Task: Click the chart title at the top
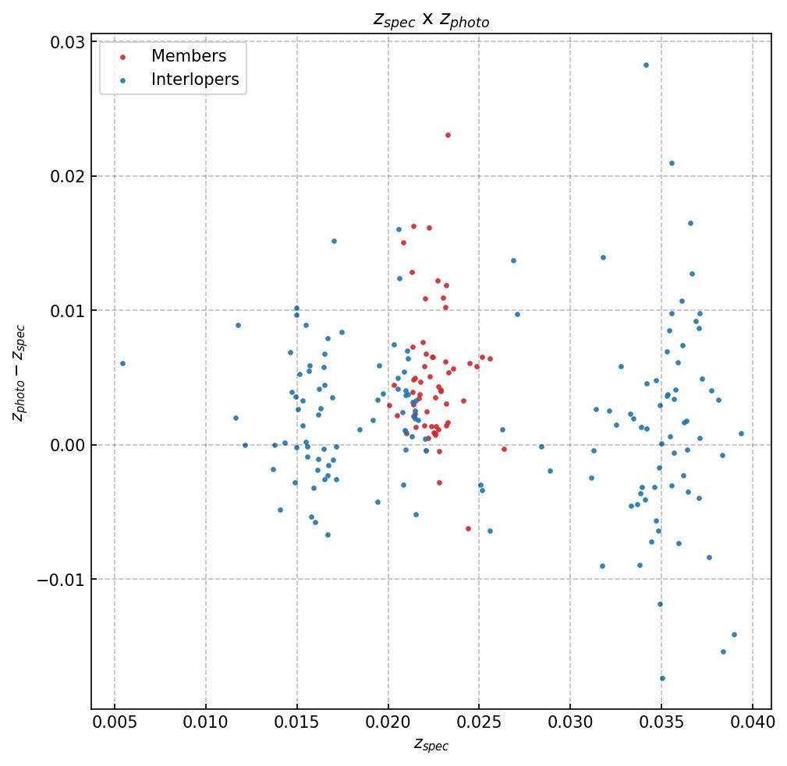pyautogui.click(x=431, y=20)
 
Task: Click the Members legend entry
pyautogui.click(x=188, y=56)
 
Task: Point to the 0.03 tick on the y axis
pyautogui.click(x=68, y=42)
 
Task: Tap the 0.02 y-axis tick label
pyautogui.click(x=68, y=176)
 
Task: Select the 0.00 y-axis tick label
pyautogui.click(x=68, y=445)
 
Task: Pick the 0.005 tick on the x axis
pyautogui.click(x=115, y=722)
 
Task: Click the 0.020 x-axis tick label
pyautogui.click(x=388, y=722)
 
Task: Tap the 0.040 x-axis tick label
pyautogui.click(x=753, y=722)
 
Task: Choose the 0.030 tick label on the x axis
pyautogui.click(x=570, y=722)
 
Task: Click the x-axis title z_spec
pyautogui.click(x=431, y=745)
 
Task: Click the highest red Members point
pyautogui.click(x=448, y=135)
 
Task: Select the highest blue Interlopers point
pyautogui.click(x=646, y=65)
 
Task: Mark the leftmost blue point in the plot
pyautogui.click(x=122, y=363)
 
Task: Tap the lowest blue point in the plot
pyautogui.click(x=662, y=678)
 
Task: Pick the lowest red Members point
pyautogui.click(x=468, y=528)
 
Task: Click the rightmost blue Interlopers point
pyautogui.click(x=741, y=433)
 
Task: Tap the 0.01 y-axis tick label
pyautogui.click(x=68, y=311)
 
